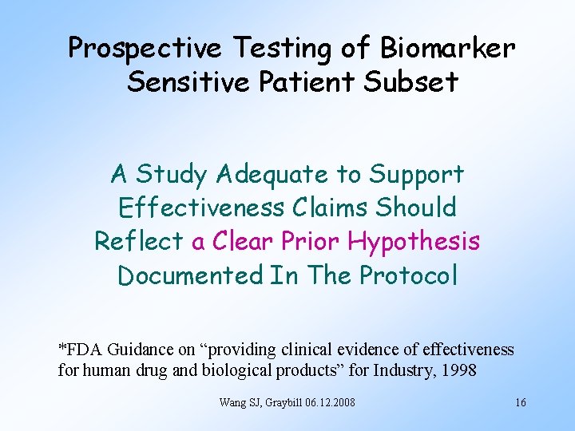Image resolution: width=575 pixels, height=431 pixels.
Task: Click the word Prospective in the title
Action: [x=145, y=48]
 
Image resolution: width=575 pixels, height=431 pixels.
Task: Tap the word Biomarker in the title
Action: [x=449, y=48]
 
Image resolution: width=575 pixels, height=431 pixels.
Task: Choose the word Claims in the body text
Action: [x=329, y=208]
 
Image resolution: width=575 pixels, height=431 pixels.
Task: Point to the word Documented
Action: [x=190, y=275]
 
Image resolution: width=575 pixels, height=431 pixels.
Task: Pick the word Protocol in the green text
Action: [x=409, y=275]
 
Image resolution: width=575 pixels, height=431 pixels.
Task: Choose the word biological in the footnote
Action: [x=235, y=370]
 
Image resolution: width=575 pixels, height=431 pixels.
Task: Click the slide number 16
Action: [x=520, y=402]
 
